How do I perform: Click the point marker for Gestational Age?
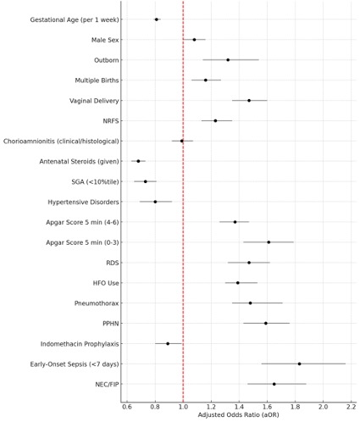157,19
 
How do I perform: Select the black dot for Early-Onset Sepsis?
299,364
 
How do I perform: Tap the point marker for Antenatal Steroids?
138,161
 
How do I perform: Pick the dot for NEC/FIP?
274,384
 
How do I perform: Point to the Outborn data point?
228,60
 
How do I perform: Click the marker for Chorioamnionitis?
182,141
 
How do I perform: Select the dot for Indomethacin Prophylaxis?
168,344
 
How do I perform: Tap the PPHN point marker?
266,323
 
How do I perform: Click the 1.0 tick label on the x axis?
183,407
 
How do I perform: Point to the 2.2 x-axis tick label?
351,407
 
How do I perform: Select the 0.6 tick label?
127,407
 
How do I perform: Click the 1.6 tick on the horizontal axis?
267,407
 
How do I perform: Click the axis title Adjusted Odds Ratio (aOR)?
239,415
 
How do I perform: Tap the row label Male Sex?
105,40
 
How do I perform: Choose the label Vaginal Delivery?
94,101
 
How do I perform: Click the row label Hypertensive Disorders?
83,203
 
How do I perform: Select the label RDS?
113,263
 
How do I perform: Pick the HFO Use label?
106,283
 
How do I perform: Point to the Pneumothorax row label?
97,303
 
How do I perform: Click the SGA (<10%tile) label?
95,182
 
